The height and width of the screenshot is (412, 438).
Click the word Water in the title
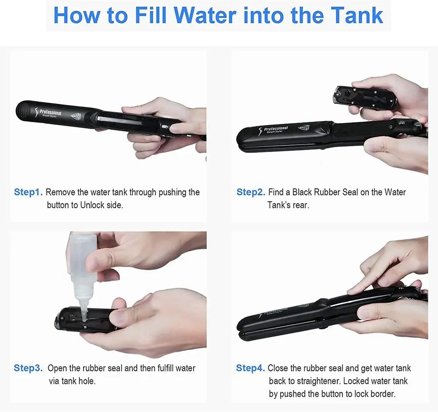click(x=205, y=15)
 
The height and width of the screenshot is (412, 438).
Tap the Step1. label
click(x=28, y=192)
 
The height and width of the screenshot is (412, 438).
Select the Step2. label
click(x=251, y=192)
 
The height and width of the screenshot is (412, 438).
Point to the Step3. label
click(x=28, y=368)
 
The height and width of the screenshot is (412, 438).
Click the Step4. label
click(x=250, y=368)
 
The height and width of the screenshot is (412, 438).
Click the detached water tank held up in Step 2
click(x=364, y=97)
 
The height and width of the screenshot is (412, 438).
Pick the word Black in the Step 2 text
click(x=302, y=192)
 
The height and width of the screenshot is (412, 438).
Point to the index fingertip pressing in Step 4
click(x=351, y=291)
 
